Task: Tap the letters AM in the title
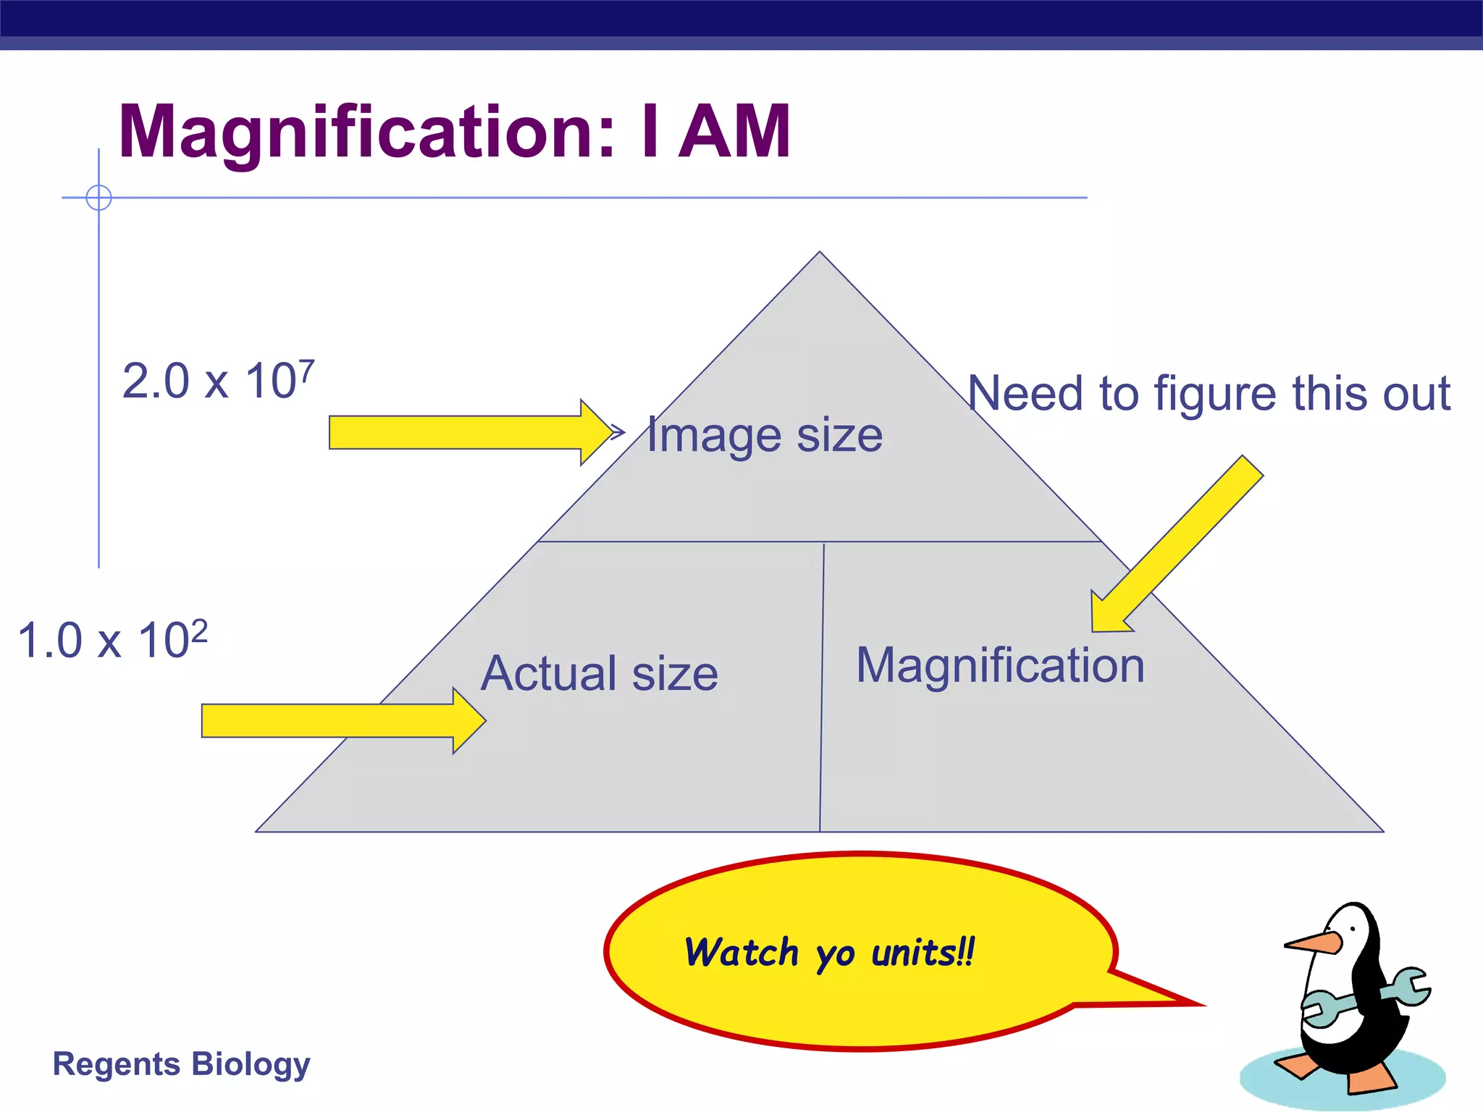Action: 735,132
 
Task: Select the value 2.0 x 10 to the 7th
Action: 218,381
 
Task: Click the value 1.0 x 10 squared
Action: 112,640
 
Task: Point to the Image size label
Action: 765,436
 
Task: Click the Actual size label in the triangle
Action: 600,673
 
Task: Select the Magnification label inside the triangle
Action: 1000,665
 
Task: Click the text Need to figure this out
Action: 1209,394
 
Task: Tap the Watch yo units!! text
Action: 830,953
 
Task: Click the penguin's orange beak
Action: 1313,943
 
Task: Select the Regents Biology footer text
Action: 181,1064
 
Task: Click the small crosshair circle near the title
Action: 98,197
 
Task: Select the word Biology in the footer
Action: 251,1064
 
